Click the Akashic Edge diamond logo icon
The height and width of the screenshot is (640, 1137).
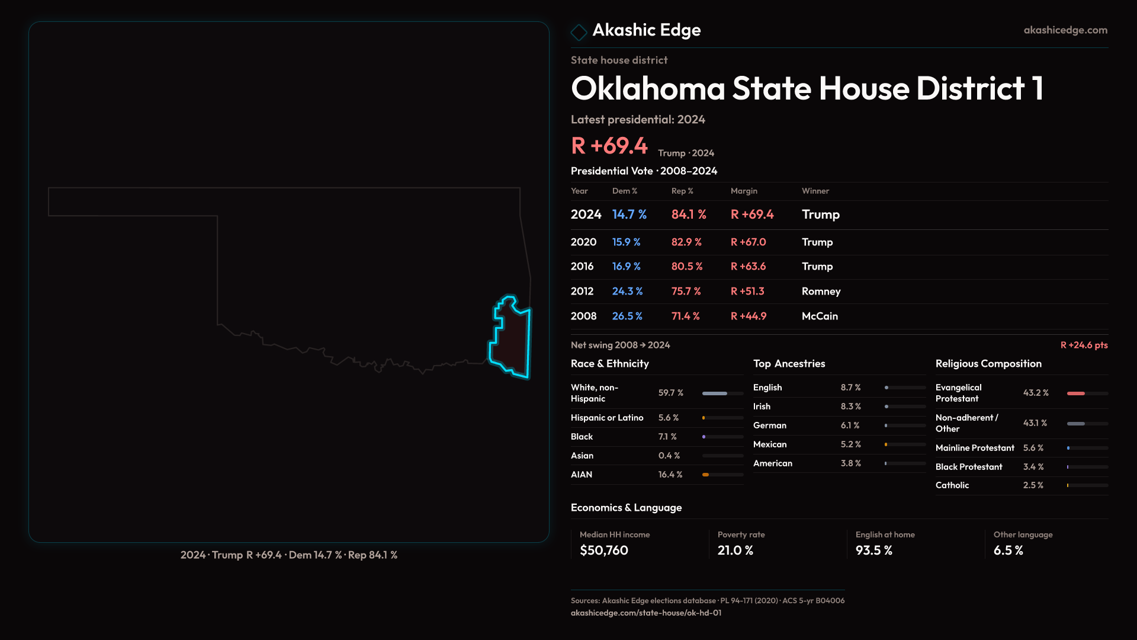(579, 31)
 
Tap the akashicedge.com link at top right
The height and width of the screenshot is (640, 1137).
(1065, 30)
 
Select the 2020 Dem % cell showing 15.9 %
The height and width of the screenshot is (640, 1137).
(626, 242)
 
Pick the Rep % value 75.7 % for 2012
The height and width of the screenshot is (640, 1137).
(686, 291)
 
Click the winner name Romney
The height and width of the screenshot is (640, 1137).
(821, 291)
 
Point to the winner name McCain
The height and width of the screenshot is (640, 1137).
(820, 316)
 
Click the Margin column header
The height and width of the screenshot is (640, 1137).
(744, 191)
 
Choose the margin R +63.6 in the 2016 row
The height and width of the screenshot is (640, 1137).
(748, 266)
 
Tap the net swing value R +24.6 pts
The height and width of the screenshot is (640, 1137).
(1084, 345)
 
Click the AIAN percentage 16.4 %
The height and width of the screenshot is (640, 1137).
(670, 474)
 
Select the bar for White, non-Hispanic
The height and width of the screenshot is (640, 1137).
(722, 393)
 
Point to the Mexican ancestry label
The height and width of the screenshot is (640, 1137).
(770, 444)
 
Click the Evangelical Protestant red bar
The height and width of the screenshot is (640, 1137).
(1076, 393)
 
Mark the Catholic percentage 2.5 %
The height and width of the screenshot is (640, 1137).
(1033, 485)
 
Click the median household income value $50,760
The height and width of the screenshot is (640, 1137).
(604, 550)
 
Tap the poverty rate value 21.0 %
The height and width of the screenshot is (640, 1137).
(735, 550)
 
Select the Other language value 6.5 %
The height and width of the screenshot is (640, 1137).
(1008, 550)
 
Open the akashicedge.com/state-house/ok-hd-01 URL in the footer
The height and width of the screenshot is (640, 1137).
(646, 613)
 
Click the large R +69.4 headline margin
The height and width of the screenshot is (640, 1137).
(609, 146)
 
